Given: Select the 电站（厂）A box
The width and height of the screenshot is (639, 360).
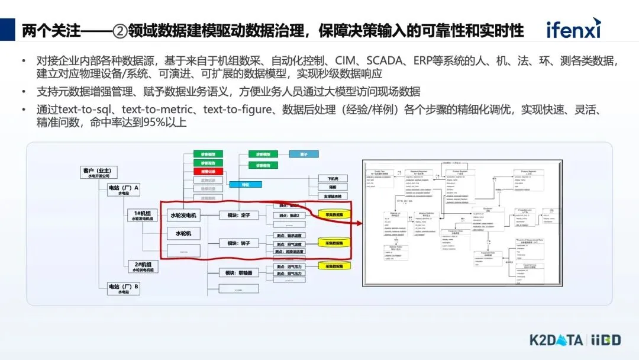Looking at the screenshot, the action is tap(123, 189).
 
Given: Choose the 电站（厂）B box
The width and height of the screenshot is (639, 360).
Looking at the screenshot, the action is tap(123, 289).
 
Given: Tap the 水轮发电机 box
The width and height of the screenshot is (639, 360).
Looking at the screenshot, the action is tap(183, 215).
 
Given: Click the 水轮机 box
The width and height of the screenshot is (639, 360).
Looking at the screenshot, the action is tap(183, 233).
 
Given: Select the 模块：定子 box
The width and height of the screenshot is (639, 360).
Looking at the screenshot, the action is tap(238, 215).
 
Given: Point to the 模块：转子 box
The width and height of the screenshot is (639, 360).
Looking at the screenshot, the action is tap(238, 243).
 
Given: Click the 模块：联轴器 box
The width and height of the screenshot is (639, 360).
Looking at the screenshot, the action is tap(238, 273).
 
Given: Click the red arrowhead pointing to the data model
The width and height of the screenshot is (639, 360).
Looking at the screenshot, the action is tap(358, 224).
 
